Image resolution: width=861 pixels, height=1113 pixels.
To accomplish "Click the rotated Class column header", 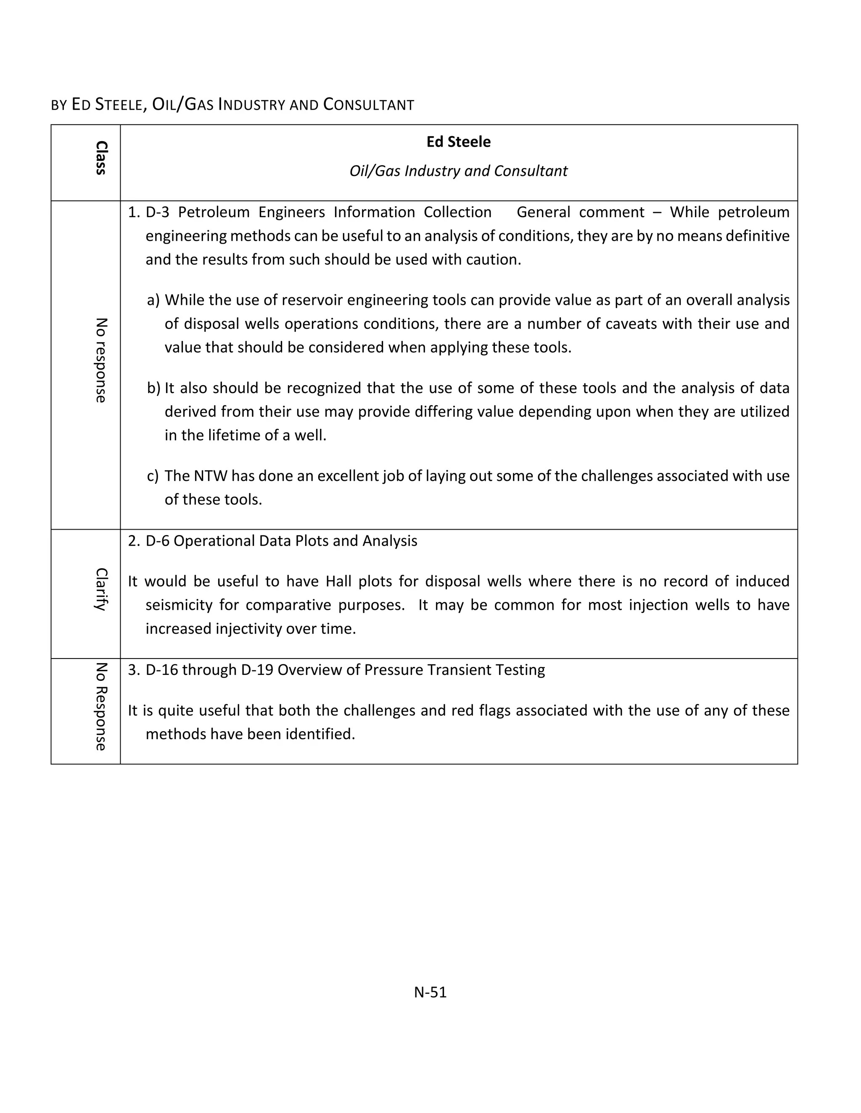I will [x=100, y=158].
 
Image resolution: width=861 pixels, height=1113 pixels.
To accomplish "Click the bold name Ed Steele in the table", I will [x=458, y=142].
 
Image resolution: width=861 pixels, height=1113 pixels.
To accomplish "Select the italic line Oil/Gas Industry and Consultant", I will [x=458, y=171].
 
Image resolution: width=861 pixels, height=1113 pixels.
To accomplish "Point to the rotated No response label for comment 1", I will [x=100, y=360].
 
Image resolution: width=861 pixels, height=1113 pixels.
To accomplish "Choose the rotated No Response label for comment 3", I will [x=100, y=706].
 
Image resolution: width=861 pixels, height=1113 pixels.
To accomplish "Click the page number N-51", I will [x=430, y=992].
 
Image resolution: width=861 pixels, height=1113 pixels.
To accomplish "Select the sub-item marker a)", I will [x=153, y=299].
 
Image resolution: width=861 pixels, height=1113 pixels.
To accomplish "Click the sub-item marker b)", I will [x=153, y=388].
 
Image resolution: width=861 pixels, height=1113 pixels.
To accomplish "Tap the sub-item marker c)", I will [x=153, y=475].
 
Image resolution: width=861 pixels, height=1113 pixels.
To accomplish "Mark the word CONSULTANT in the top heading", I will [x=368, y=105].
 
